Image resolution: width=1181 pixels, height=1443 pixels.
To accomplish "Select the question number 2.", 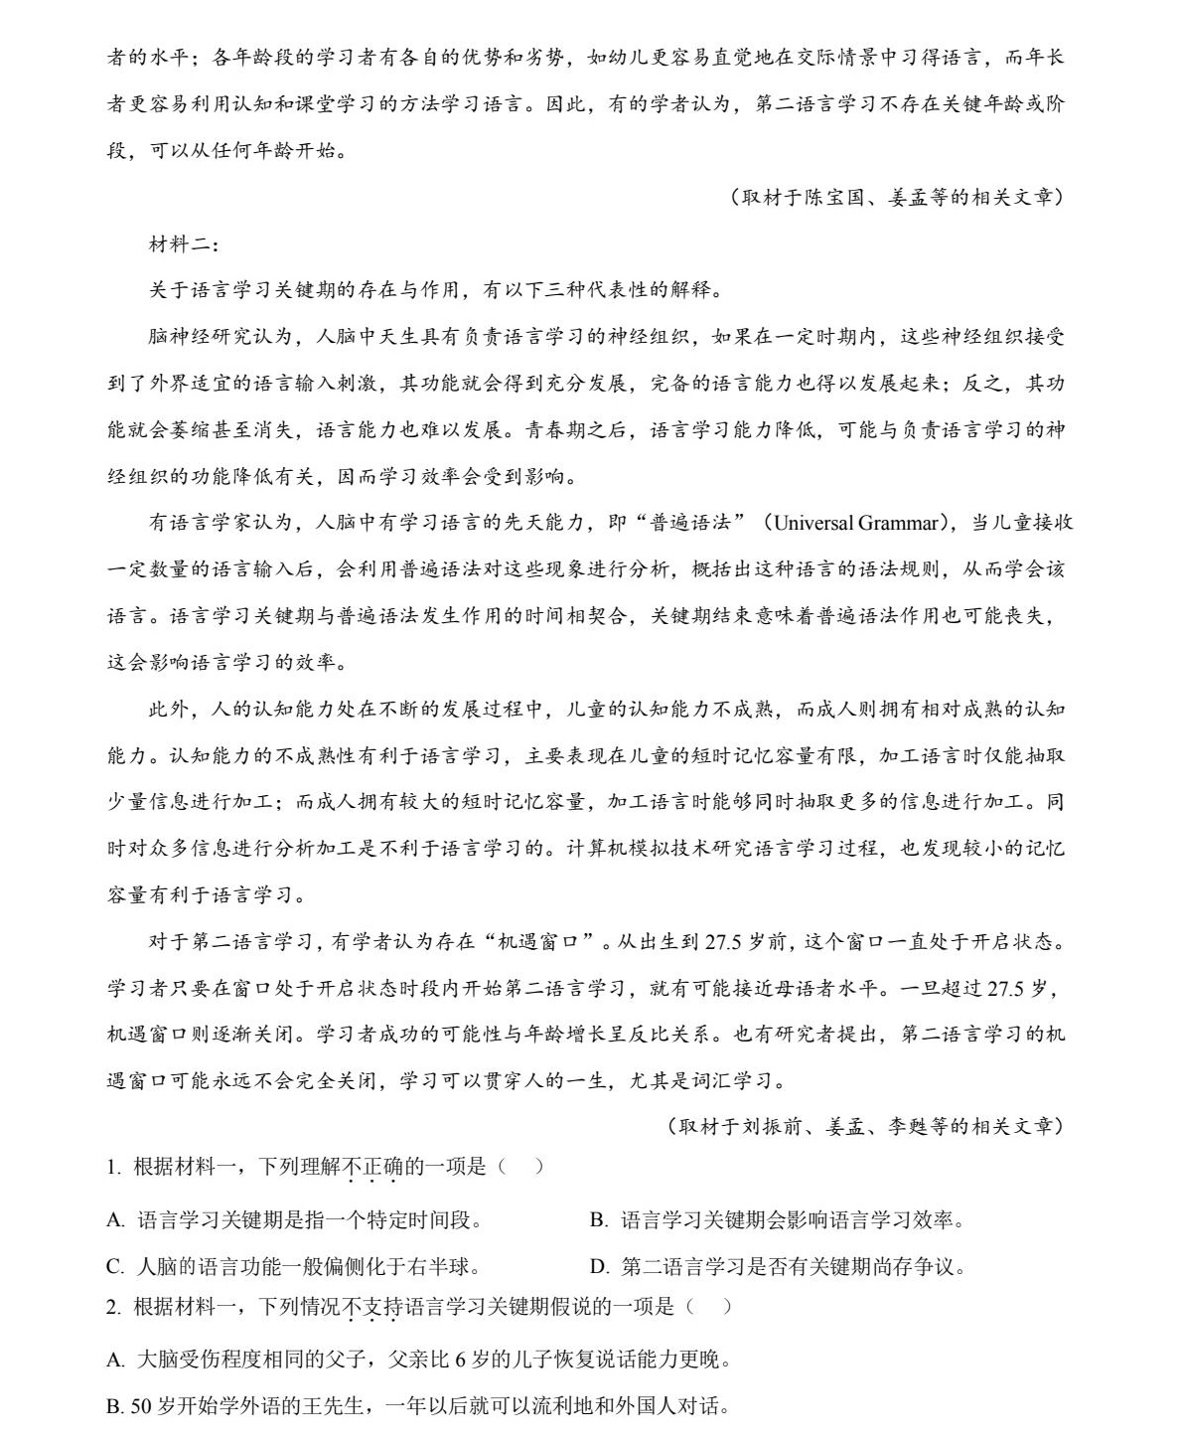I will coord(112,1307).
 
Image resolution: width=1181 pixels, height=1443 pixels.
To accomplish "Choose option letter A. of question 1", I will coord(115,1220).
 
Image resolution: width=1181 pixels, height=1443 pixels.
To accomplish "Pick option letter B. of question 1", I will coord(598,1220).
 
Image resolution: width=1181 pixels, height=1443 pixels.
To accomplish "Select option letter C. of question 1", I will coord(115,1267).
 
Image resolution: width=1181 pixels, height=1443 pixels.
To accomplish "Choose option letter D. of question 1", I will coord(598,1267).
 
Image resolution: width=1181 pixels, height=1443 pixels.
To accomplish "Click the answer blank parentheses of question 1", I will coord(519,1167).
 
